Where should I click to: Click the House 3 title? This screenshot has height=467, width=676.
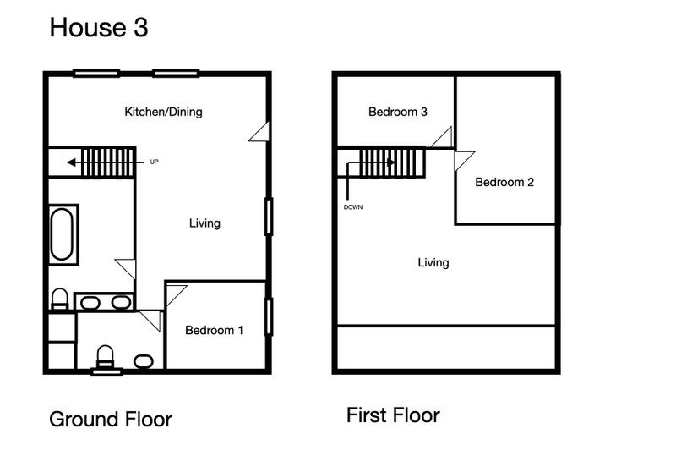point(99,27)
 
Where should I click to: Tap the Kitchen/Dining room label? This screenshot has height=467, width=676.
point(163,112)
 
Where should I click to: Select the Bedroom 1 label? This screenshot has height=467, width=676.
point(215,330)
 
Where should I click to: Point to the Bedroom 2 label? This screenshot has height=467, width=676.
point(504,182)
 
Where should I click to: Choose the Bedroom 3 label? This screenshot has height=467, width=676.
point(398,112)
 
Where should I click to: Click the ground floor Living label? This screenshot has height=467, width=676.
point(204,223)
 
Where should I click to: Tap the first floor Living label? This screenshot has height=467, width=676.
point(433,262)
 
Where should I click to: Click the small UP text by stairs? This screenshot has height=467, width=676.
point(154,162)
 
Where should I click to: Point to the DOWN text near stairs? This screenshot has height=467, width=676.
point(353,207)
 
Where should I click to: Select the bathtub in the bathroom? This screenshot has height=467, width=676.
point(63,234)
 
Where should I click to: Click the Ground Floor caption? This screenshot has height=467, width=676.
point(111,420)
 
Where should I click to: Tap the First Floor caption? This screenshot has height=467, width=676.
point(393,415)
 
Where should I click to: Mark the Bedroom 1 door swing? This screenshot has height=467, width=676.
point(176,295)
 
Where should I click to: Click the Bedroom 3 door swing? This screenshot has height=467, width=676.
point(441,137)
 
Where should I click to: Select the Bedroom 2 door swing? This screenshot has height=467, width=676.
point(464,161)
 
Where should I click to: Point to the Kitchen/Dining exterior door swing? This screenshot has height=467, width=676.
point(259,132)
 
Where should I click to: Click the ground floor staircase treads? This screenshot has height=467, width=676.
point(108,162)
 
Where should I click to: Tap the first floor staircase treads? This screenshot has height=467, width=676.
point(391,162)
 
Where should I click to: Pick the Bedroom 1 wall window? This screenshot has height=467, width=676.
point(269,316)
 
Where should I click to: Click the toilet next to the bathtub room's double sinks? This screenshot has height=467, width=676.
point(60,299)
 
